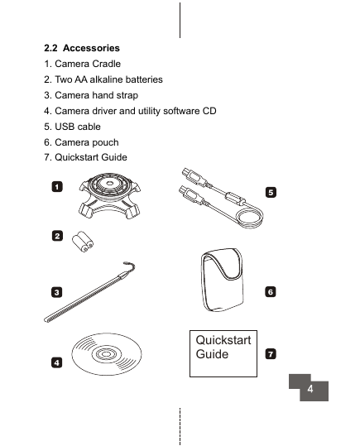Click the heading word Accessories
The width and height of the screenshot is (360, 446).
click(x=91, y=48)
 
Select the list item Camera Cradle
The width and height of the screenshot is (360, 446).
click(x=82, y=64)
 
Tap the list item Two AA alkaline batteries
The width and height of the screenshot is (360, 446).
click(x=103, y=79)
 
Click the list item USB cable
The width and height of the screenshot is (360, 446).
click(x=72, y=127)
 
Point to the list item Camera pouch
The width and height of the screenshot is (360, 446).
click(x=81, y=142)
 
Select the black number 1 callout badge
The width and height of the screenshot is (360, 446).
click(x=57, y=187)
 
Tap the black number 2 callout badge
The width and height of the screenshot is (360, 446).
click(x=57, y=236)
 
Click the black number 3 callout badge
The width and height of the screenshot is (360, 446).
click(x=56, y=292)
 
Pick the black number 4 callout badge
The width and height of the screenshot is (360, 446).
click(x=56, y=362)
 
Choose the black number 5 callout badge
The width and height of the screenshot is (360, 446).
click(x=271, y=192)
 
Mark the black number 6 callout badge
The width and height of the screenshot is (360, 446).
click(x=271, y=292)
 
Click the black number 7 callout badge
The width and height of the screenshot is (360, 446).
click(x=271, y=354)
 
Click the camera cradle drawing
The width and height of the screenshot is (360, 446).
click(x=109, y=195)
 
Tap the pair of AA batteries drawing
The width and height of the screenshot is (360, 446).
click(x=83, y=242)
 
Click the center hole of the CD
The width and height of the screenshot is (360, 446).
click(x=106, y=354)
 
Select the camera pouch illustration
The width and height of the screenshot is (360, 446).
click(x=223, y=280)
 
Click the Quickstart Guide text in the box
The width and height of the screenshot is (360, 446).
click(x=223, y=347)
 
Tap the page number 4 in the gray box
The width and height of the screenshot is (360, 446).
click(x=310, y=389)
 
